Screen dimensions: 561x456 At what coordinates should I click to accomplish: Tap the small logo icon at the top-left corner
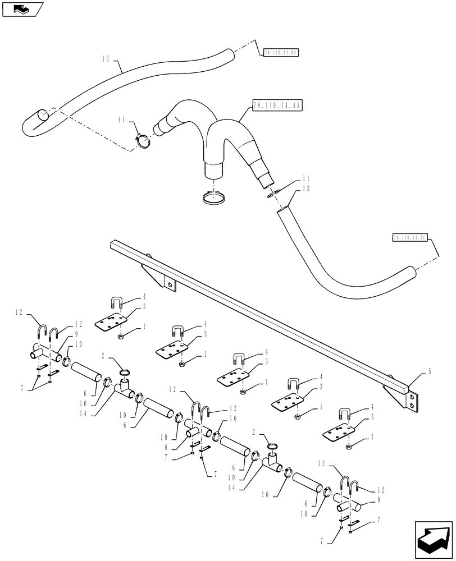pos(22,9)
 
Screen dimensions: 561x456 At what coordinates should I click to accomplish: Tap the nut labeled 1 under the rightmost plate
pos(349,446)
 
